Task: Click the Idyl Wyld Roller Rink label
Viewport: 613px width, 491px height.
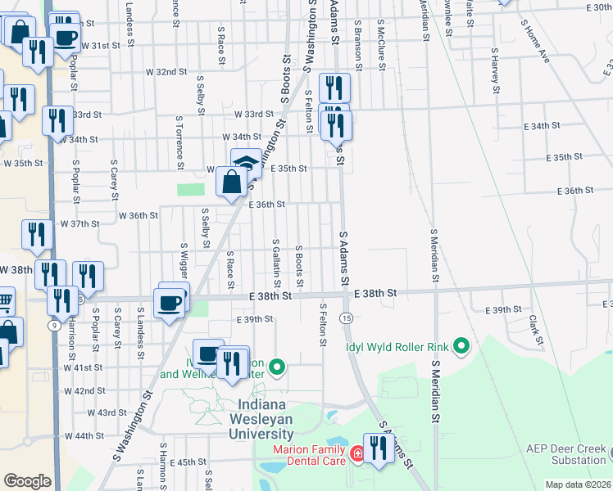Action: pyautogui.click(x=397, y=345)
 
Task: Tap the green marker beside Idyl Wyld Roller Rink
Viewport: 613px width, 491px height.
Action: pyautogui.click(x=461, y=345)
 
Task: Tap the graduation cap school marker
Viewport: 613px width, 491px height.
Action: pyautogui.click(x=246, y=164)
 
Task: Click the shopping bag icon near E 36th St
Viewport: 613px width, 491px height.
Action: pyautogui.click(x=232, y=181)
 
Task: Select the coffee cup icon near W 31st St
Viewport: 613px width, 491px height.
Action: pyautogui.click(x=65, y=37)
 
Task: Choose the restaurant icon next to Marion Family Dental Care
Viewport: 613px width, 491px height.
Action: pyautogui.click(x=378, y=448)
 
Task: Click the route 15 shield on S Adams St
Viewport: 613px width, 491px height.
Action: pyautogui.click(x=347, y=317)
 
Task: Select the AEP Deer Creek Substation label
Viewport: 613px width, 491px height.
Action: pyautogui.click(x=565, y=454)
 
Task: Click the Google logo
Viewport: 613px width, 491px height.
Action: pyautogui.click(x=27, y=481)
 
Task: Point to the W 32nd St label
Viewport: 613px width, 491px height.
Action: pyautogui.click(x=166, y=72)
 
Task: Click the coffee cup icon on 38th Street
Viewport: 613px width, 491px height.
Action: pyautogui.click(x=170, y=303)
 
